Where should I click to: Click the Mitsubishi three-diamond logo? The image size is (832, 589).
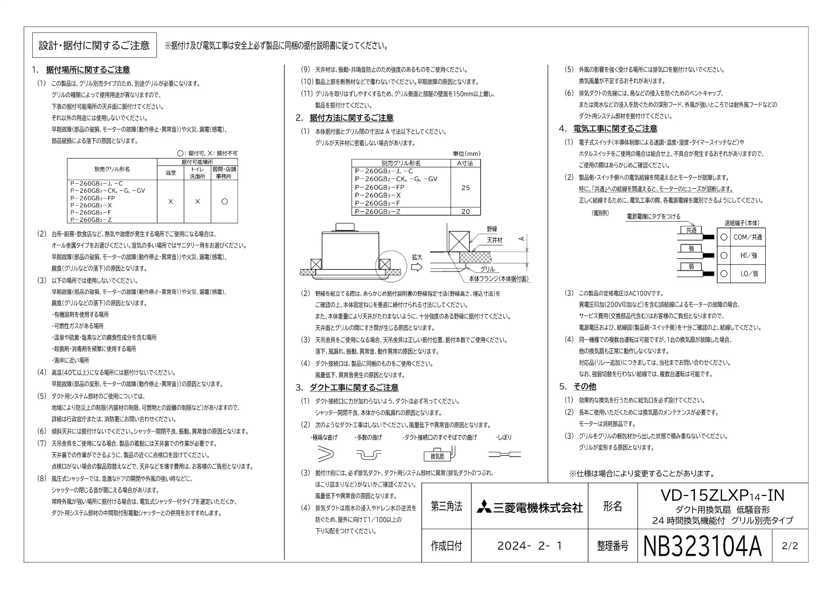click(484, 506)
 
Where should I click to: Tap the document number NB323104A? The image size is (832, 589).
click(703, 546)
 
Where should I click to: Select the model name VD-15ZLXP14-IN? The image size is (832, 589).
click(722, 495)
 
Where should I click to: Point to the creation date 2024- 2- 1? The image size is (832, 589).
click(530, 546)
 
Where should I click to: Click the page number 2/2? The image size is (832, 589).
click(790, 546)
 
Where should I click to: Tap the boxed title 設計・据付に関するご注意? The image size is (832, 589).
click(94, 45)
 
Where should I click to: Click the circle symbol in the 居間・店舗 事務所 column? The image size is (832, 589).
click(224, 201)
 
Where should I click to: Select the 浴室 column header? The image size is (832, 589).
click(170, 173)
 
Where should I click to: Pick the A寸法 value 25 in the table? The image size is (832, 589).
click(466, 187)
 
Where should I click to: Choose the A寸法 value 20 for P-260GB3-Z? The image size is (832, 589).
click(466, 212)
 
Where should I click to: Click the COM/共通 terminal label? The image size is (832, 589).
click(748, 237)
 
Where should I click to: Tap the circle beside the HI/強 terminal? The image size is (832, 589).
click(724, 255)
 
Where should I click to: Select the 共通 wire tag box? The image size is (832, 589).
click(691, 230)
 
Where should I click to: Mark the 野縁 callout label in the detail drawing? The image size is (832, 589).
click(492, 229)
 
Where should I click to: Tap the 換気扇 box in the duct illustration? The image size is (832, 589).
click(437, 456)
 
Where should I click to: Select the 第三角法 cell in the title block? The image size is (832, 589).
click(446, 506)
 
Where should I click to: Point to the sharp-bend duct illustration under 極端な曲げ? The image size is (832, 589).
click(325, 455)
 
